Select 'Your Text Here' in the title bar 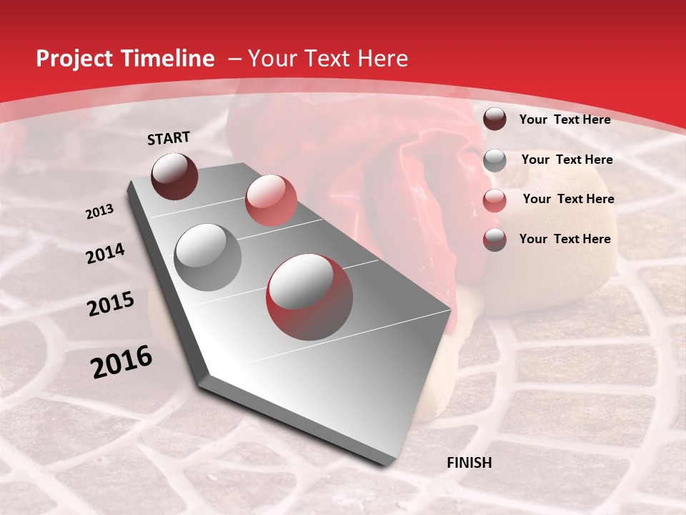(327, 59)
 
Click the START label (169, 138)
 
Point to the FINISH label (469, 463)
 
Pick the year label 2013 (100, 212)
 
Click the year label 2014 (106, 253)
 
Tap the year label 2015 (111, 305)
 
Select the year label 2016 (121, 362)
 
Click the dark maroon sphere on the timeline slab (174, 176)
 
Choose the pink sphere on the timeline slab (271, 200)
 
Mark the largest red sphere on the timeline (309, 297)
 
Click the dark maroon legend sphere (494, 119)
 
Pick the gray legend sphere (494, 160)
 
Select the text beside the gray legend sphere (567, 160)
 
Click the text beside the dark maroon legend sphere (565, 119)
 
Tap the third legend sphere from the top (494, 200)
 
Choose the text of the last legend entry (565, 239)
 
